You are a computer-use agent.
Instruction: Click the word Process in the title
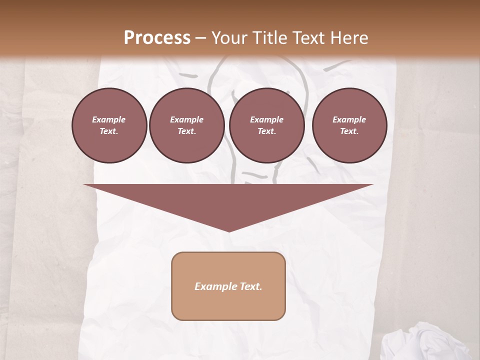(157, 38)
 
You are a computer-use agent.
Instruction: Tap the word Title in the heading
(269, 38)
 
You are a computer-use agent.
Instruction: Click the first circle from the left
(109, 125)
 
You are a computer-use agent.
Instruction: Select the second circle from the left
(186, 125)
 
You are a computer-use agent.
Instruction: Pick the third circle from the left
(266, 125)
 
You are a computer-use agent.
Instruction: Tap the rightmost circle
(349, 125)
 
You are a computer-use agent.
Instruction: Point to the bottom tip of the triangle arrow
(228, 230)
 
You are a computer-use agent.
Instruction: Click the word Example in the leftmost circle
(109, 120)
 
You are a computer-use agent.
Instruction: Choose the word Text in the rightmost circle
(349, 131)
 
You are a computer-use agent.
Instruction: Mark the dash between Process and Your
(200, 38)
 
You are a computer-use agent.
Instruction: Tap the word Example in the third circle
(266, 120)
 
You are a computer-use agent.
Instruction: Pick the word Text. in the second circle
(186, 131)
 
